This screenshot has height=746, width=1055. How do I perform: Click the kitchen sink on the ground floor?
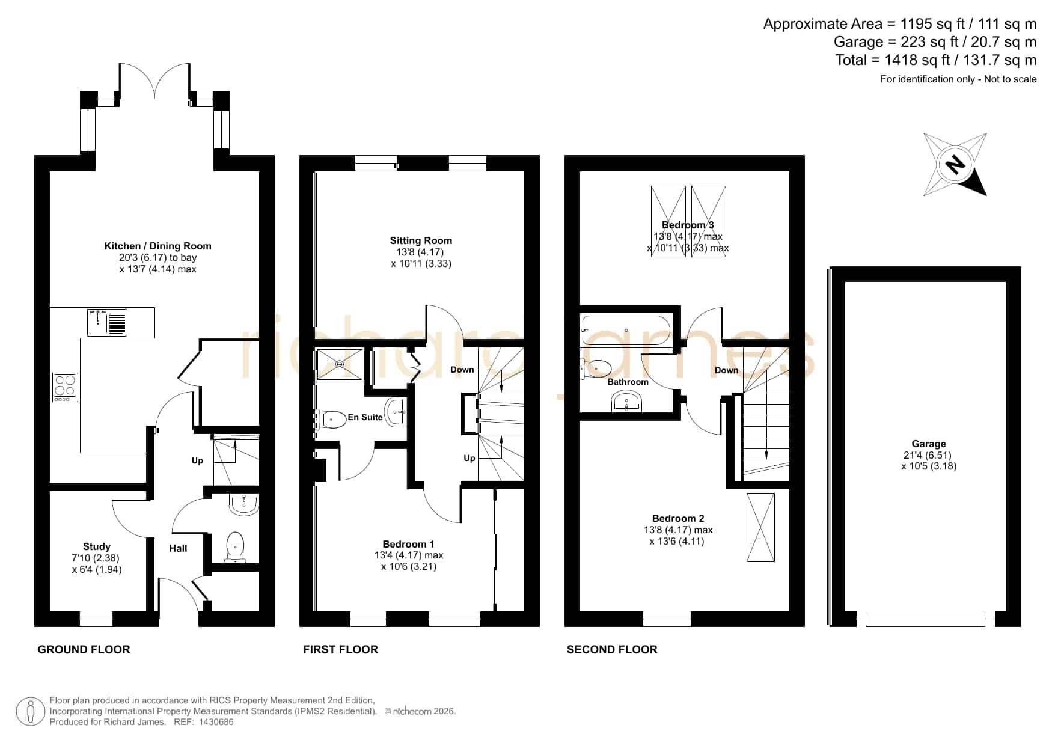(108, 323)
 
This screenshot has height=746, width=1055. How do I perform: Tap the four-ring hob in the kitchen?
(65, 388)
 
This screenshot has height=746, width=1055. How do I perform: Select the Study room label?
(97, 546)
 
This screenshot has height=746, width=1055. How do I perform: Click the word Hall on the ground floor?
(178, 548)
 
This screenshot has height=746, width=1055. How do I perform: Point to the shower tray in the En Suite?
(340, 364)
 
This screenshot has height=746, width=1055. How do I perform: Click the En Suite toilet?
(332, 418)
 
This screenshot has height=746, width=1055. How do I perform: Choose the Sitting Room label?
(421, 240)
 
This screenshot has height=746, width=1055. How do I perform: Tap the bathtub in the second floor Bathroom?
(626, 331)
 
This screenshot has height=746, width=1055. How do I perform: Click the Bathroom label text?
(628, 382)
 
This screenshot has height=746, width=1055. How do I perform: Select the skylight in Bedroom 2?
(760, 528)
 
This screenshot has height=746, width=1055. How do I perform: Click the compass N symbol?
(955, 164)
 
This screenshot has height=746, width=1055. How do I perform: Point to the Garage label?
(929, 444)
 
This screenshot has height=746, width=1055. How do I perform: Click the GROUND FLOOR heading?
(84, 649)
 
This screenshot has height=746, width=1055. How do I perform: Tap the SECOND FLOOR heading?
(612, 649)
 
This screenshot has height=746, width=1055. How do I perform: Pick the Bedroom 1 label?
(409, 544)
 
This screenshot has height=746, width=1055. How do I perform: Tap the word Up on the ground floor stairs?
(197, 460)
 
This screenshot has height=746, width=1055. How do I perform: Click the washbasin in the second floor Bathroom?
(627, 401)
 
